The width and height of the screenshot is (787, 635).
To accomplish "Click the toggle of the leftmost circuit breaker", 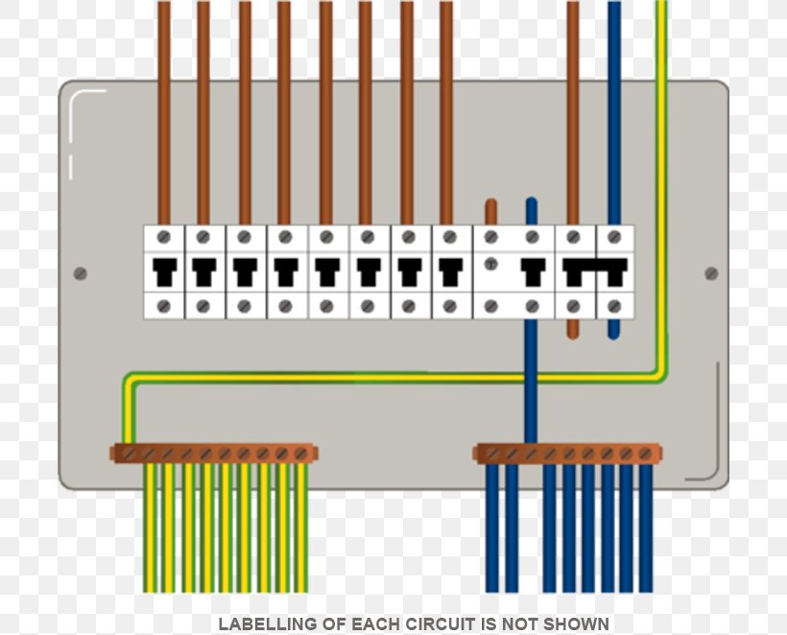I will [163, 270].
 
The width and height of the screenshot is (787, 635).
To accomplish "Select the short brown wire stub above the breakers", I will [491, 212].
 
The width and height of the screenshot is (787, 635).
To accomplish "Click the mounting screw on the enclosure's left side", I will [81, 273].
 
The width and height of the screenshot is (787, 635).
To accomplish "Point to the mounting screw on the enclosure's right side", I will [711, 273].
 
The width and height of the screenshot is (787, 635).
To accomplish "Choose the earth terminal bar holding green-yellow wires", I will [213, 453].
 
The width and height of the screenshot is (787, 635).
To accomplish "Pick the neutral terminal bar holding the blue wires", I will [567, 453].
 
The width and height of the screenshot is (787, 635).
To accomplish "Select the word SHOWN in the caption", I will [579, 624].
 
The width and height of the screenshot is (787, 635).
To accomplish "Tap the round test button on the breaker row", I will [491, 264].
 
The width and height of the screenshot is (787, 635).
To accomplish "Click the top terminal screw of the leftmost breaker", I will [163, 236].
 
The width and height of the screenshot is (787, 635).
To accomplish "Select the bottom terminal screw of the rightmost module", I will [614, 306].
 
